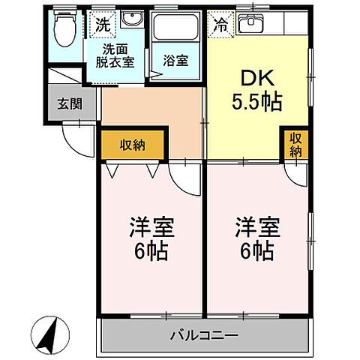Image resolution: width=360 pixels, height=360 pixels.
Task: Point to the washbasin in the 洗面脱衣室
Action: (x=133, y=20)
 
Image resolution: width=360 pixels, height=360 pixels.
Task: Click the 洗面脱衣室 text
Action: (x=115, y=55)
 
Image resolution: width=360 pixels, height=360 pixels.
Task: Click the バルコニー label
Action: (x=203, y=334)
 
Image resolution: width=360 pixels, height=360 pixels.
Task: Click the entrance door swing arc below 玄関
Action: (x=74, y=135)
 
